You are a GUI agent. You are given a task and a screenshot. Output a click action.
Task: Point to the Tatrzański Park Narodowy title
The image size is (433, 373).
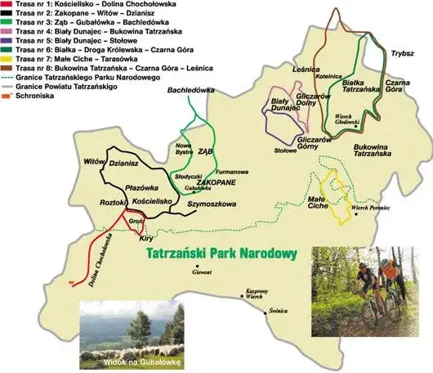click(220, 253)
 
